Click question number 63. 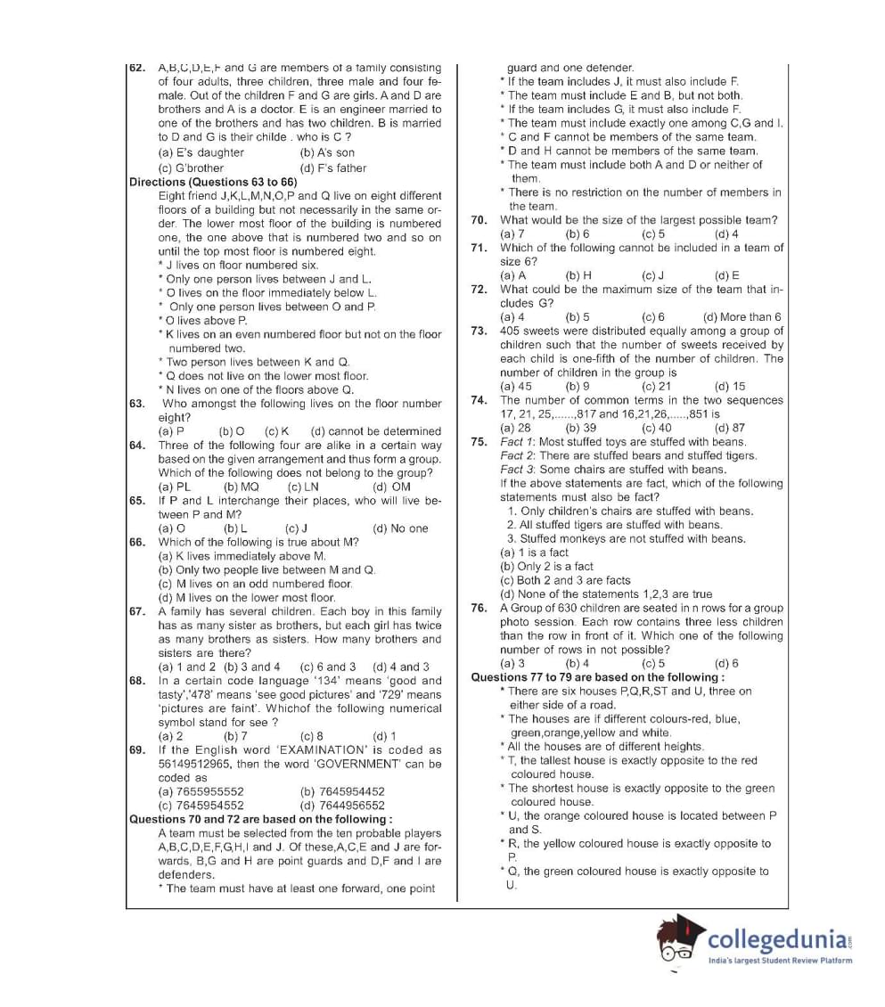(x=137, y=404)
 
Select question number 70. (x=479, y=220)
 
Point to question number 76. (x=479, y=608)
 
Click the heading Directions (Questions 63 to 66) (x=213, y=182)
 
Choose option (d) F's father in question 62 (x=333, y=168)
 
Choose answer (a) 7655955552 (x=201, y=791)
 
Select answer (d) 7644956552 (x=343, y=806)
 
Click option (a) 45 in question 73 (x=516, y=387)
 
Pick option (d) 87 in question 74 (x=729, y=428)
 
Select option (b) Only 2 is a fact (x=546, y=567)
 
